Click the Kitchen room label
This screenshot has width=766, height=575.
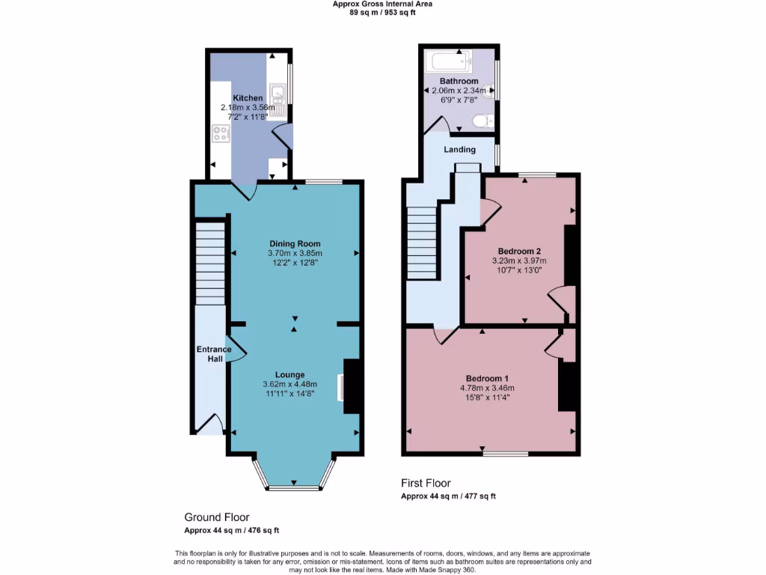tap(248, 98)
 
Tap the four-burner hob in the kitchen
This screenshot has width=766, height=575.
tap(221, 134)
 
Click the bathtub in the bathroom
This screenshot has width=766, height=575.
tap(447, 61)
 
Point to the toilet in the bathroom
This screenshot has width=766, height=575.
tap(481, 120)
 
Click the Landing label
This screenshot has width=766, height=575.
tap(459, 150)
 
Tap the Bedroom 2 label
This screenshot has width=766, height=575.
tap(519, 251)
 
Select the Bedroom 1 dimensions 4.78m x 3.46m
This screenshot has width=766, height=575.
tap(487, 388)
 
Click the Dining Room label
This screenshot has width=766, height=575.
tap(295, 244)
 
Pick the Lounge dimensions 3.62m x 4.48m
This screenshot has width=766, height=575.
tap(289, 384)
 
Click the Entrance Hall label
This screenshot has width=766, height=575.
tap(214, 354)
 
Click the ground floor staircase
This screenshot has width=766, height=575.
tap(210, 263)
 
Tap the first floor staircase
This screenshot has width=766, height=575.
tap(422, 243)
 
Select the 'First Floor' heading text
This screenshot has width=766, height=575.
tap(426, 484)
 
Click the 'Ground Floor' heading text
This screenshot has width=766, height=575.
tap(217, 517)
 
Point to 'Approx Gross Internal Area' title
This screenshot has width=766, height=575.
tap(382, 4)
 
